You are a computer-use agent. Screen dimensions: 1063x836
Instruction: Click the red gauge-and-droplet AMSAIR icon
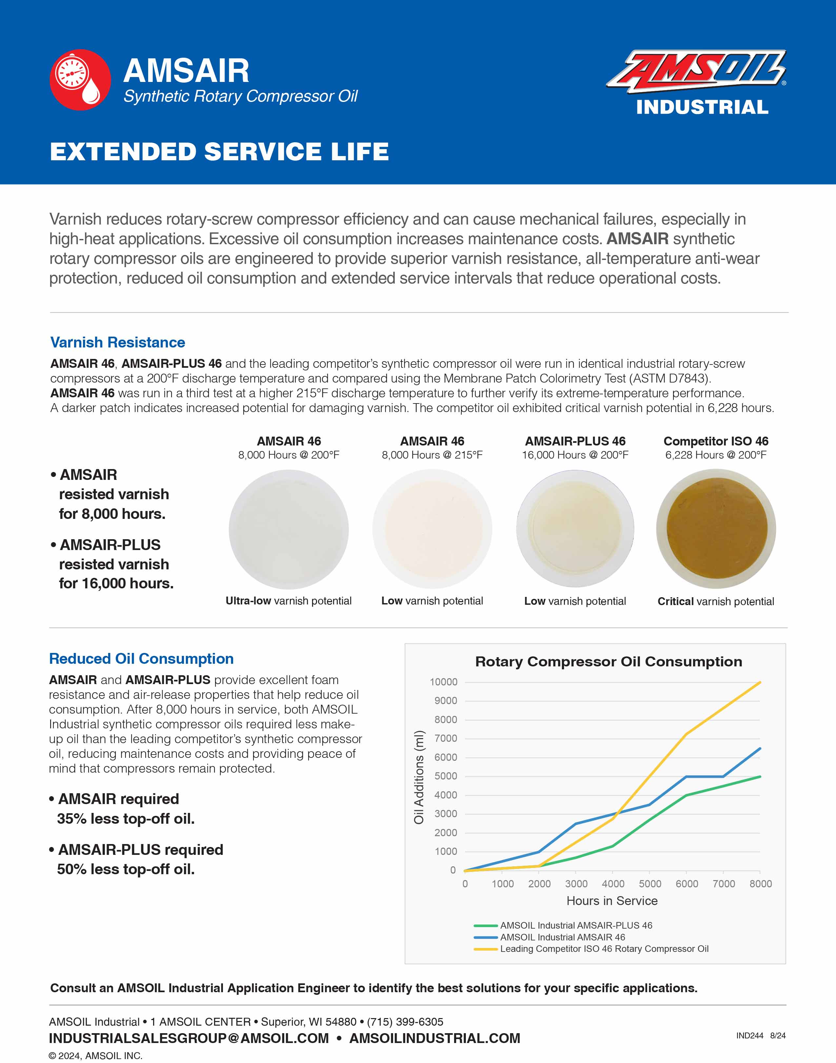80,79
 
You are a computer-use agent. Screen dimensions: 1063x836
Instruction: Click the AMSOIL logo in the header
696,71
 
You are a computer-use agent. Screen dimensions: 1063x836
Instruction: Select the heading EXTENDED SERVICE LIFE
219,152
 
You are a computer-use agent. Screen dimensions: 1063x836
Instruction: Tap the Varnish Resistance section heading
117,342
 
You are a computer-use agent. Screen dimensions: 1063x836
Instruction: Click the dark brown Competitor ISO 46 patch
716,529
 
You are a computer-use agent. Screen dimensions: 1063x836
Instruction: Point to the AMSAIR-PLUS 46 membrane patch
575,529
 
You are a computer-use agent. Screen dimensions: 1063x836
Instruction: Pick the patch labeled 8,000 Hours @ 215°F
432,529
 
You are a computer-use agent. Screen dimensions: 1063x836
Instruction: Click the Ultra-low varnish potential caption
288,601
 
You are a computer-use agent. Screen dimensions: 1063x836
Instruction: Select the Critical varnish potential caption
716,601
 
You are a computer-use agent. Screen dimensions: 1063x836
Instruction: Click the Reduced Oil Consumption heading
141,659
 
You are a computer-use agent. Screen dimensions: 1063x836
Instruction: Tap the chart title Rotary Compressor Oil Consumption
608,662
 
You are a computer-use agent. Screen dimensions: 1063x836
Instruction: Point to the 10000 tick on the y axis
444,682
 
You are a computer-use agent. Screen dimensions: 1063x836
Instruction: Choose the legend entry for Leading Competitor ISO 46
604,949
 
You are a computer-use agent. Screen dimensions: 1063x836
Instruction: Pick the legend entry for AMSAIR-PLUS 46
576,925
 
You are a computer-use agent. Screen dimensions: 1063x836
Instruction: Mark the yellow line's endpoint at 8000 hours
760,682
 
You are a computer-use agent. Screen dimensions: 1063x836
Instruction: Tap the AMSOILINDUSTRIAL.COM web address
435,1038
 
